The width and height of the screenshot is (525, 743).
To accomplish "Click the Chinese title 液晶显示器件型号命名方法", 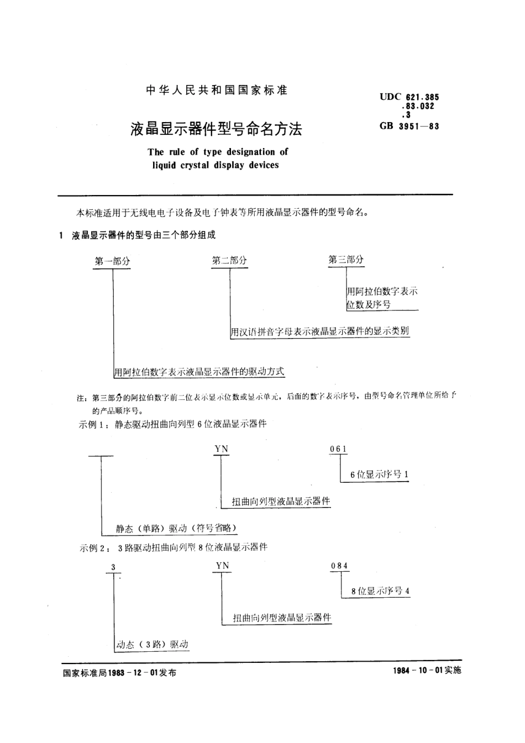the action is (x=217, y=129).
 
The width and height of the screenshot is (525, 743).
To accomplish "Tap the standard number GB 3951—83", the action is (x=409, y=126).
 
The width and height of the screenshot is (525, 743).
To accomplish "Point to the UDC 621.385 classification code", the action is (x=409, y=97).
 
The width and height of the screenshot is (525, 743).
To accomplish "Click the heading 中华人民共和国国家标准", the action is (x=217, y=91).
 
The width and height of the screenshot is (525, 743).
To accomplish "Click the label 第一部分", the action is (x=113, y=261).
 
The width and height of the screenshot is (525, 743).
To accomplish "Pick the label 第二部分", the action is (x=229, y=261).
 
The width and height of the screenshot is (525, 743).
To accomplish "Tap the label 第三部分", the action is (x=346, y=259).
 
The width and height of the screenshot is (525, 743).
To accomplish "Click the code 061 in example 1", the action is (x=338, y=449).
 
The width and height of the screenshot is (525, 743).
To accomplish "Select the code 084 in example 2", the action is (x=339, y=566).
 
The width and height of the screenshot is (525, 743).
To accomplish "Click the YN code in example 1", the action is (x=221, y=449).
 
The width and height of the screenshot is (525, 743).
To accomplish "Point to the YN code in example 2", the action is (x=222, y=565).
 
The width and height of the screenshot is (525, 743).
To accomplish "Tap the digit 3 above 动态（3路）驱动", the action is (x=113, y=567).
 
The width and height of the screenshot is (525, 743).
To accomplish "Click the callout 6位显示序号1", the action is (x=379, y=475).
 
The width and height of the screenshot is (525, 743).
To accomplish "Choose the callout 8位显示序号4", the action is (x=381, y=591).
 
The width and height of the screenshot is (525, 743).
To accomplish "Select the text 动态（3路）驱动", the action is (x=153, y=644).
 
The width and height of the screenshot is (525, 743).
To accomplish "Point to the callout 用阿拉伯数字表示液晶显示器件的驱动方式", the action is (x=199, y=372).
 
